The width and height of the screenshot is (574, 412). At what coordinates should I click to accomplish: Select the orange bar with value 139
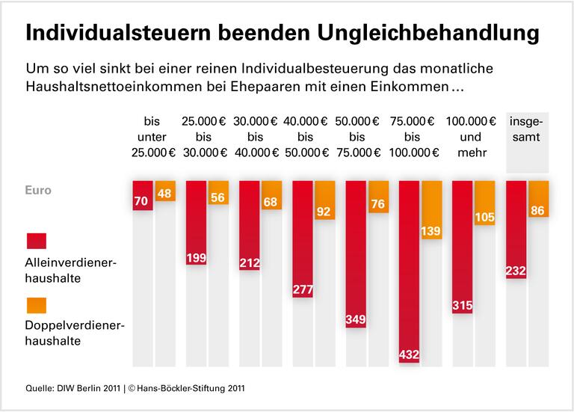tap(432, 209)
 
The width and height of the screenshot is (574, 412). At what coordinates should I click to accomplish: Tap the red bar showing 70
tap(143, 195)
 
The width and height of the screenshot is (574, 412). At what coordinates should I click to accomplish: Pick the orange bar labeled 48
tap(165, 191)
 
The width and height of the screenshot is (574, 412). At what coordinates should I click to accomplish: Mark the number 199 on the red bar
tap(196, 259)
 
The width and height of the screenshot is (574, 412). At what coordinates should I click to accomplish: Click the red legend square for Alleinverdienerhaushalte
tap(37, 241)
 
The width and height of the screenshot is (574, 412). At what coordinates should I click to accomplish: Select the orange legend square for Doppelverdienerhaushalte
tap(37, 306)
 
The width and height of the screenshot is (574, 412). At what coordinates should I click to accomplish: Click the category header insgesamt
tap(528, 129)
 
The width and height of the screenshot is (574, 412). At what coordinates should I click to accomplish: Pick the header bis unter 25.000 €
tap(153, 137)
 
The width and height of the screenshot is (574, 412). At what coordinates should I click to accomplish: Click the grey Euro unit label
tap(38, 190)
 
